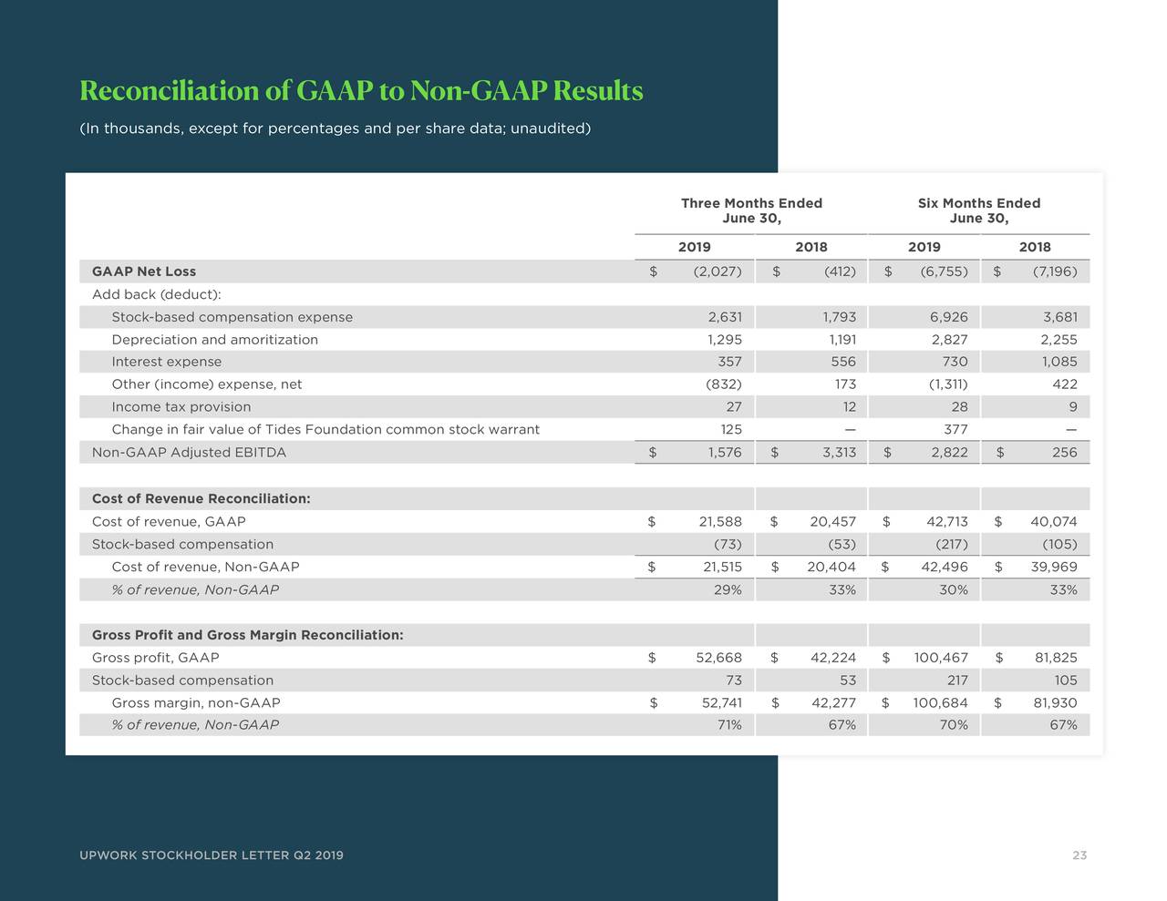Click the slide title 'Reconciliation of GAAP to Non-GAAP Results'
(x=361, y=91)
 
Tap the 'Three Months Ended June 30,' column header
(x=751, y=210)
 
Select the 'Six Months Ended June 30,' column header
(x=978, y=210)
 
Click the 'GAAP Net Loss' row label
(x=144, y=271)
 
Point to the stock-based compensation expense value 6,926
(x=948, y=317)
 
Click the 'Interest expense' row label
(x=166, y=362)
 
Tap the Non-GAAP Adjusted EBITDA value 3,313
(x=839, y=453)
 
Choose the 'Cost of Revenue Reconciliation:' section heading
(x=201, y=498)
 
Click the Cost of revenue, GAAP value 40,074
(x=1054, y=522)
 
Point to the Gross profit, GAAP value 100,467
(x=940, y=658)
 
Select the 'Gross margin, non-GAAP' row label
(x=195, y=703)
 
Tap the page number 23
(x=1079, y=855)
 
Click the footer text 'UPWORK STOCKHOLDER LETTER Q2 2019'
(x=212, y=855)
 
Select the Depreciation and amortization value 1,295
(x=725, y=340)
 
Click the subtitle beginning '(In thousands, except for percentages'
(x=335, y=128)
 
